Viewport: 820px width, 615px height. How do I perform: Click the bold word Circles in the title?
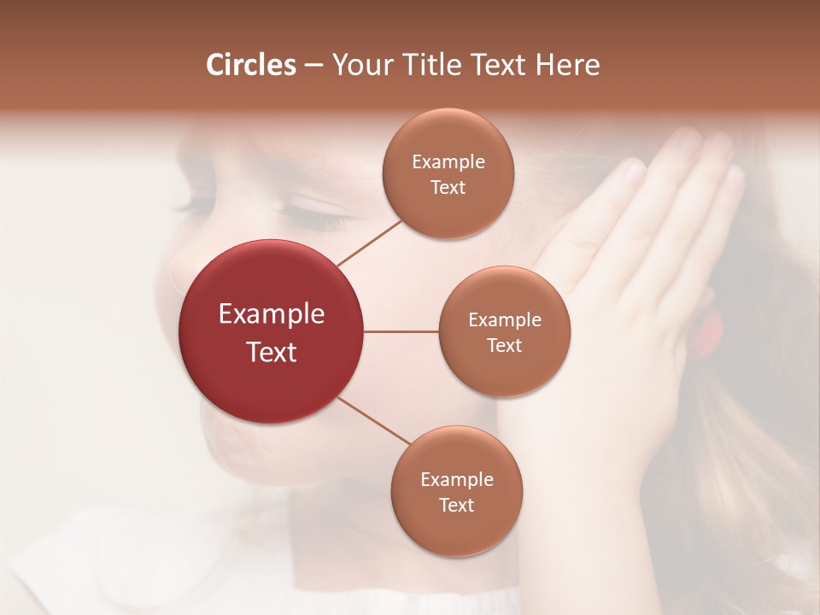click(x=251, y=65)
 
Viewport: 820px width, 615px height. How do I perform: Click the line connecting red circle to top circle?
click(x=369, y=243)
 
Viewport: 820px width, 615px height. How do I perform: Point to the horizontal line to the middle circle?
click(x=401, y=331)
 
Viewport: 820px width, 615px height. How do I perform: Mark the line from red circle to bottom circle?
click(x=374, y=421)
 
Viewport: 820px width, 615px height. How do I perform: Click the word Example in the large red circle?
click(x=272, y=314)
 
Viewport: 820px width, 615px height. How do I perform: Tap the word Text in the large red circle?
click(x=272, y=352)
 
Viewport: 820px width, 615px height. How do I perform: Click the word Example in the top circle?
click(x=448, y=162)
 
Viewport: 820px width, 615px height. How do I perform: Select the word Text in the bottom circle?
click(x=457, y=506)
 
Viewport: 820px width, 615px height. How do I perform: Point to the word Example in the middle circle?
click(x=505, y=320)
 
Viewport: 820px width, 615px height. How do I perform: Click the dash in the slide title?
click(x=313, y=66)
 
